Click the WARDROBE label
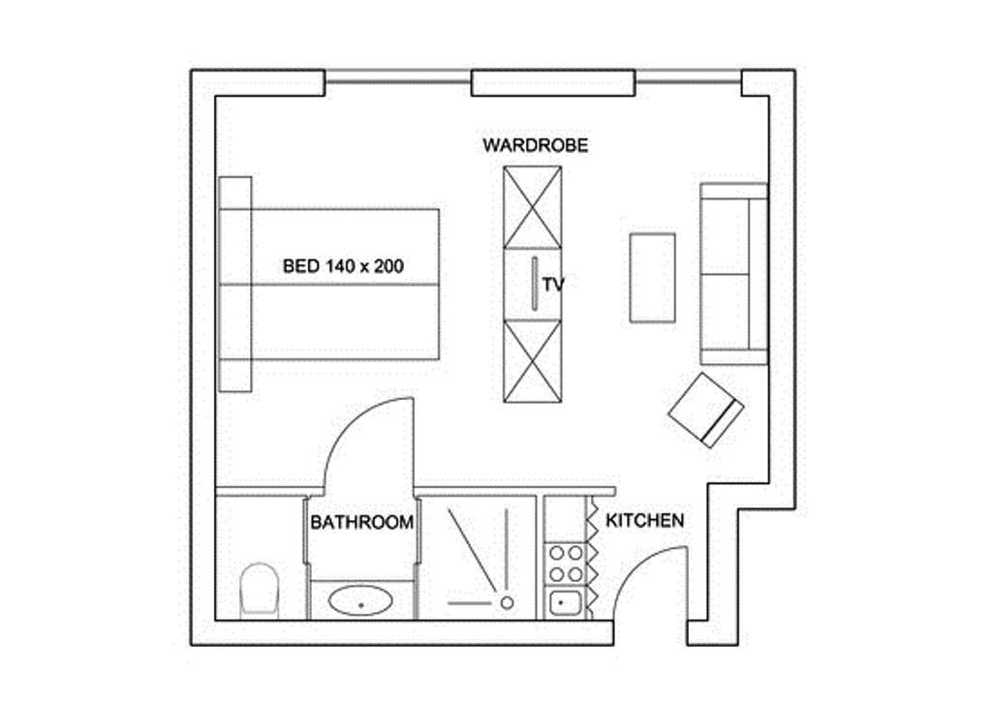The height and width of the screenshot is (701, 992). coord(535,145)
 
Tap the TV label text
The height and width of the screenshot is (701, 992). coord(553,285)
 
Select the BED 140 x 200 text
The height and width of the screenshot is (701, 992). coord(343,266)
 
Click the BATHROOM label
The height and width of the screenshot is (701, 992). coord(362,523)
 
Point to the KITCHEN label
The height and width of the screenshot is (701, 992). coord(644,521)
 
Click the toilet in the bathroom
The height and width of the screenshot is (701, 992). coord(260,590)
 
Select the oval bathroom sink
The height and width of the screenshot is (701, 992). coord(360,600)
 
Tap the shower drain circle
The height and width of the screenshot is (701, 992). coord(507,603)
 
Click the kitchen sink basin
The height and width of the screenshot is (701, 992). coord(561,604)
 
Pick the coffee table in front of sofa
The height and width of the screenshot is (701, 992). coord(652,278)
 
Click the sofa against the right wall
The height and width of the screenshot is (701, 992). coord(734,274)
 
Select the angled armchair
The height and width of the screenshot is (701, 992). coord(706,411)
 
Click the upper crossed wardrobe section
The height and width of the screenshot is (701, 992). coord(532,207)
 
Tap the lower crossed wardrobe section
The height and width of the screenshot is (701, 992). coord(532,361)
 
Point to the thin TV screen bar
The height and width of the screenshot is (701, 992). coord(535,283)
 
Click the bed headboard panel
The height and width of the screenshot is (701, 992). coord(235,285)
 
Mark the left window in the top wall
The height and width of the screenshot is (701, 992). coord(398,81)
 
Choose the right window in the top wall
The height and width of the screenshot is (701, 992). coord(689,81)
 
